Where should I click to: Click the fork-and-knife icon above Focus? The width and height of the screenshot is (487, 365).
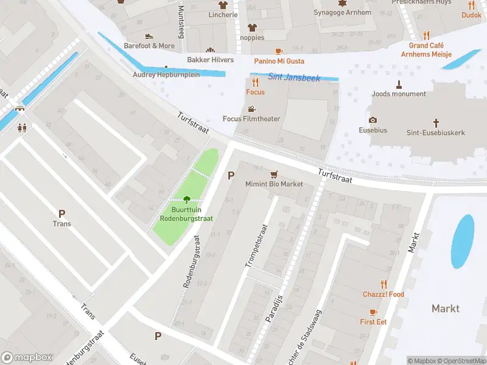coord(255,82)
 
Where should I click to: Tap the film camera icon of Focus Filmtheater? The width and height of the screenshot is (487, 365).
coord(252,109)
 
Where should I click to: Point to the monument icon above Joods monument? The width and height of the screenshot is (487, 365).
coord(399,84)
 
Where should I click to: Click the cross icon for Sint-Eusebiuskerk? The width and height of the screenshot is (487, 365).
coord(436,122)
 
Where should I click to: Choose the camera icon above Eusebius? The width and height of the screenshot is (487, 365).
coord(373,120)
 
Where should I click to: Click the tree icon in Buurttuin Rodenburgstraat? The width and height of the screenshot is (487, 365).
coord(186,199)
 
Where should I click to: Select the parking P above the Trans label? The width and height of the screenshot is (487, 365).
coord(61,214)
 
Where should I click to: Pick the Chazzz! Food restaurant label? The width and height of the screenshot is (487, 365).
coord(383,294)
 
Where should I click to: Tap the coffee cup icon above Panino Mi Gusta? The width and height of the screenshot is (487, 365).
coord(279,51)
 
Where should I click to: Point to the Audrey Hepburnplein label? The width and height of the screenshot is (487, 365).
coord(166,75)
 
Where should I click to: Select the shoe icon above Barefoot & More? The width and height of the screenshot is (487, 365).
coord(149,36)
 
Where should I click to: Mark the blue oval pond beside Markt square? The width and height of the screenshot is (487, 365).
coord(463,241)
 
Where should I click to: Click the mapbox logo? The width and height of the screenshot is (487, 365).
coord(27,358)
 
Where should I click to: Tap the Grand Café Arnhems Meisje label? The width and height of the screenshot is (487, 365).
coord(426,50)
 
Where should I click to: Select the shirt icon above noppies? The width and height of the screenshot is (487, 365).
coord(252,27)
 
